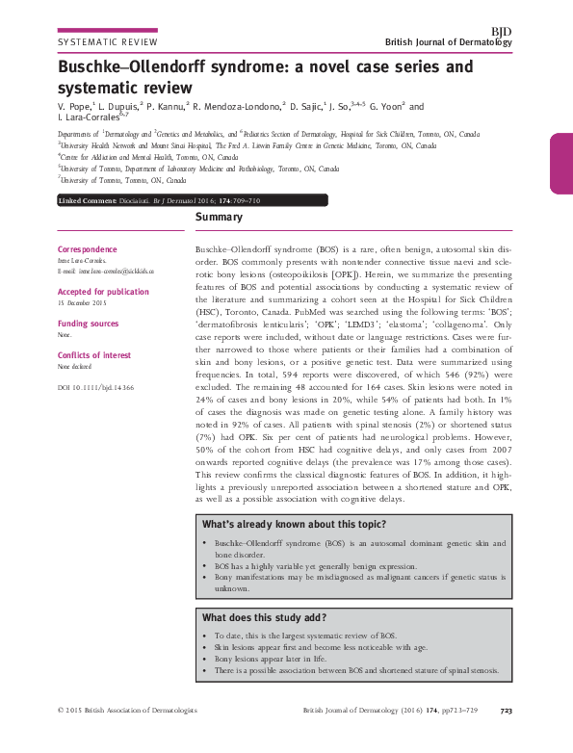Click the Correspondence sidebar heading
click(x=88, y=247)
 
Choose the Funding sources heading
click(x=89, y=324)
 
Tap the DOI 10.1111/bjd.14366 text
click(x=95, y=386)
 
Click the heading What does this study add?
click(x=263, y=617)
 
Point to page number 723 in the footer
click(x=506, y=739)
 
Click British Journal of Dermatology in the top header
click(x=448, y=43)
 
